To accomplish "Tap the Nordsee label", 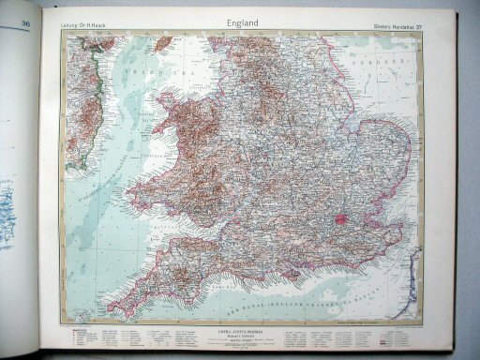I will pyautogui.click(x=385, y=61).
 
